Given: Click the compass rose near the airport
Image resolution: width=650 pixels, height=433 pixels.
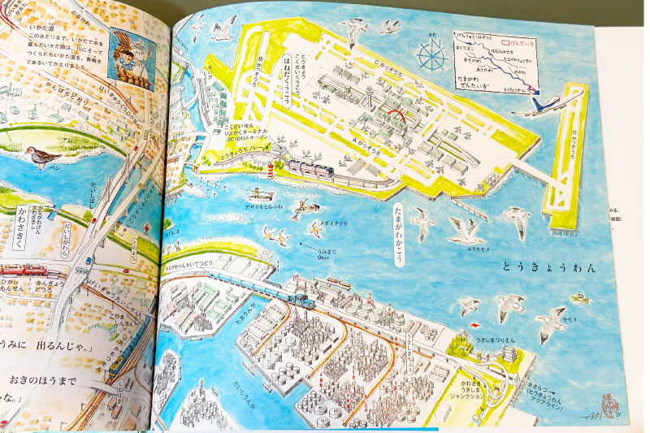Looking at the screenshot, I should point(428,54).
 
